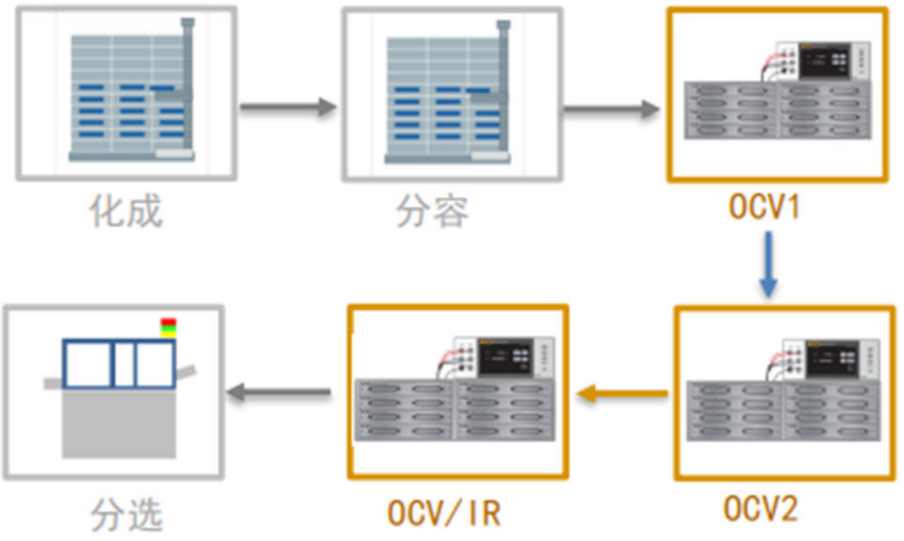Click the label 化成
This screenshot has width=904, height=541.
126,211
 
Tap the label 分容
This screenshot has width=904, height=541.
432,211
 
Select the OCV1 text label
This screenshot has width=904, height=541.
765,208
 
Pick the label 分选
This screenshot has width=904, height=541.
126,515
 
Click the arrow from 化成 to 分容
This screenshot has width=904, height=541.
287,107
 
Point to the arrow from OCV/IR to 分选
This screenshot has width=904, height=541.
279,393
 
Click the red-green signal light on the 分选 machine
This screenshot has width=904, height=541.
168,327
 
